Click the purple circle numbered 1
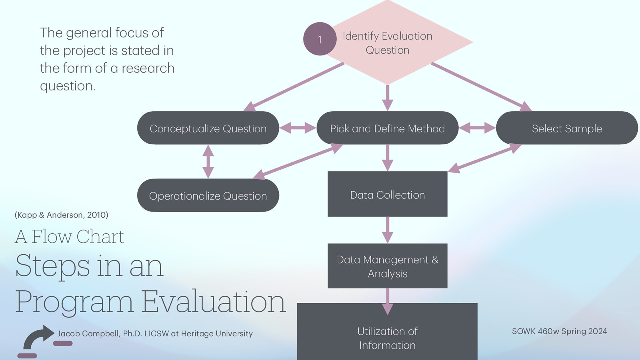pos(320,39)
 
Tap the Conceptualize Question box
pos(208,128)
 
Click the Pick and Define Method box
pos(387,128)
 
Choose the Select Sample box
pos(567,128)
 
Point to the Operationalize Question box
pos(208,196)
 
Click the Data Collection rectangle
pos(387,194)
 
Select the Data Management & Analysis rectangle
pos(387,266)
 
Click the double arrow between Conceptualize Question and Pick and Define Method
pos(298,128)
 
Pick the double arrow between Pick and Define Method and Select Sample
pos(477,128)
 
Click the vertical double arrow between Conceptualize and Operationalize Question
pos(208,162)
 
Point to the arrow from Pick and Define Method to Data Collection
pos(387,158)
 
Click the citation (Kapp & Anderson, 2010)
pos(61,215)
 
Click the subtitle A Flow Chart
pos(70,237)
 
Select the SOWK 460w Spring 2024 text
pos(559,331)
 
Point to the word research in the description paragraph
pos(148,68)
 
